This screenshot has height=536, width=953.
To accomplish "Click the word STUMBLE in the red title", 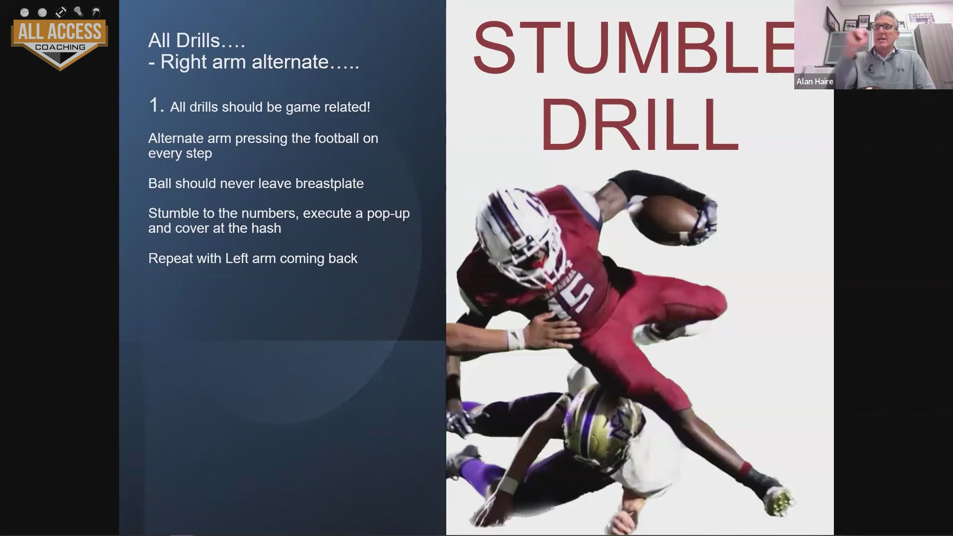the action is (633, 48).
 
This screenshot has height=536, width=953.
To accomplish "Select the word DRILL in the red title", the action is (639, 124).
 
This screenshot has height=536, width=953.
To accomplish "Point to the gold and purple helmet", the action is (603, 425).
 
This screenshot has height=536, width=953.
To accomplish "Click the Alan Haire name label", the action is (815, 81).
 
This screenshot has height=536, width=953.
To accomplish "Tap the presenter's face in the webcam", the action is (884, 35).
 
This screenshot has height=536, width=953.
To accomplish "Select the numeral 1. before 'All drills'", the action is (156, 105).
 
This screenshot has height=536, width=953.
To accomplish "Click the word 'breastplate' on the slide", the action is (329, 184).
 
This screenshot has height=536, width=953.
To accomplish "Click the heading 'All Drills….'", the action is (197, 41).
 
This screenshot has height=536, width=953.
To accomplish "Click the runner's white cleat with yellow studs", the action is (779, 499).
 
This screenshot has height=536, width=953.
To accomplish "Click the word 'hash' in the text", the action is (267, 228).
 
